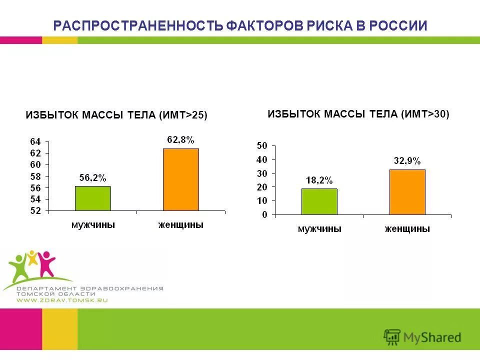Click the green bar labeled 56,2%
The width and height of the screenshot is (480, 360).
coord(92,198)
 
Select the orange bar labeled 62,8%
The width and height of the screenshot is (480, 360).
coord(181,179)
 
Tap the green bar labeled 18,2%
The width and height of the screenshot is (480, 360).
coord(319,201)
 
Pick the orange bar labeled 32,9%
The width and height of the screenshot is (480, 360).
coord(407,192)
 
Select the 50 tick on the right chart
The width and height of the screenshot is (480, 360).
coord(262,145)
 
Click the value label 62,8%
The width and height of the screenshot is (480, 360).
coord(180,140)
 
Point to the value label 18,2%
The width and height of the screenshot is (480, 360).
coord(319,180)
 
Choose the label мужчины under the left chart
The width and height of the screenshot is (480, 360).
coord(93,225)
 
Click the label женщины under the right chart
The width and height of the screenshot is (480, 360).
coord(407,229)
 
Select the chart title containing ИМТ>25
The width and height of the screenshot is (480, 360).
coord(116,115)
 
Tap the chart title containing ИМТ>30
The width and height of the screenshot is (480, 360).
coord(358,114)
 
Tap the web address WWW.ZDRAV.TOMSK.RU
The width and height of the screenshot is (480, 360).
coord(62,300)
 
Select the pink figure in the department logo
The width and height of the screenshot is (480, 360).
coord(47,263)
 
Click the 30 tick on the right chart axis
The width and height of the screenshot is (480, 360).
coord(262,173)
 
